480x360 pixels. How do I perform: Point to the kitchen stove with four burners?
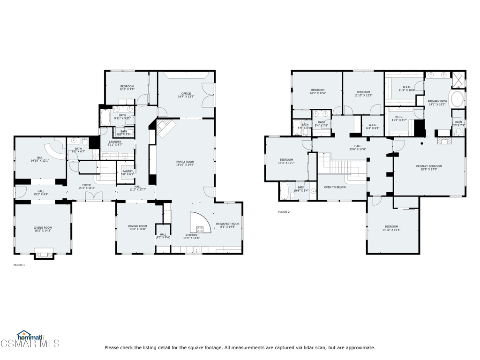point(200,229)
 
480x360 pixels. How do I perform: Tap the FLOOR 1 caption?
point(19,265)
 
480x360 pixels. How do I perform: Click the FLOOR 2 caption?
point(284,212)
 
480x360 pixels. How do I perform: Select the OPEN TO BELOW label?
point(335,187)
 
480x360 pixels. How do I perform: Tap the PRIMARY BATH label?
point(437,103)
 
